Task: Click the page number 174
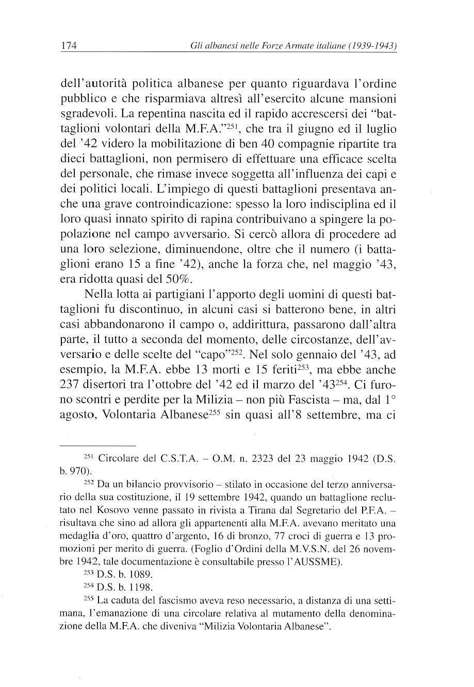[69, 46]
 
